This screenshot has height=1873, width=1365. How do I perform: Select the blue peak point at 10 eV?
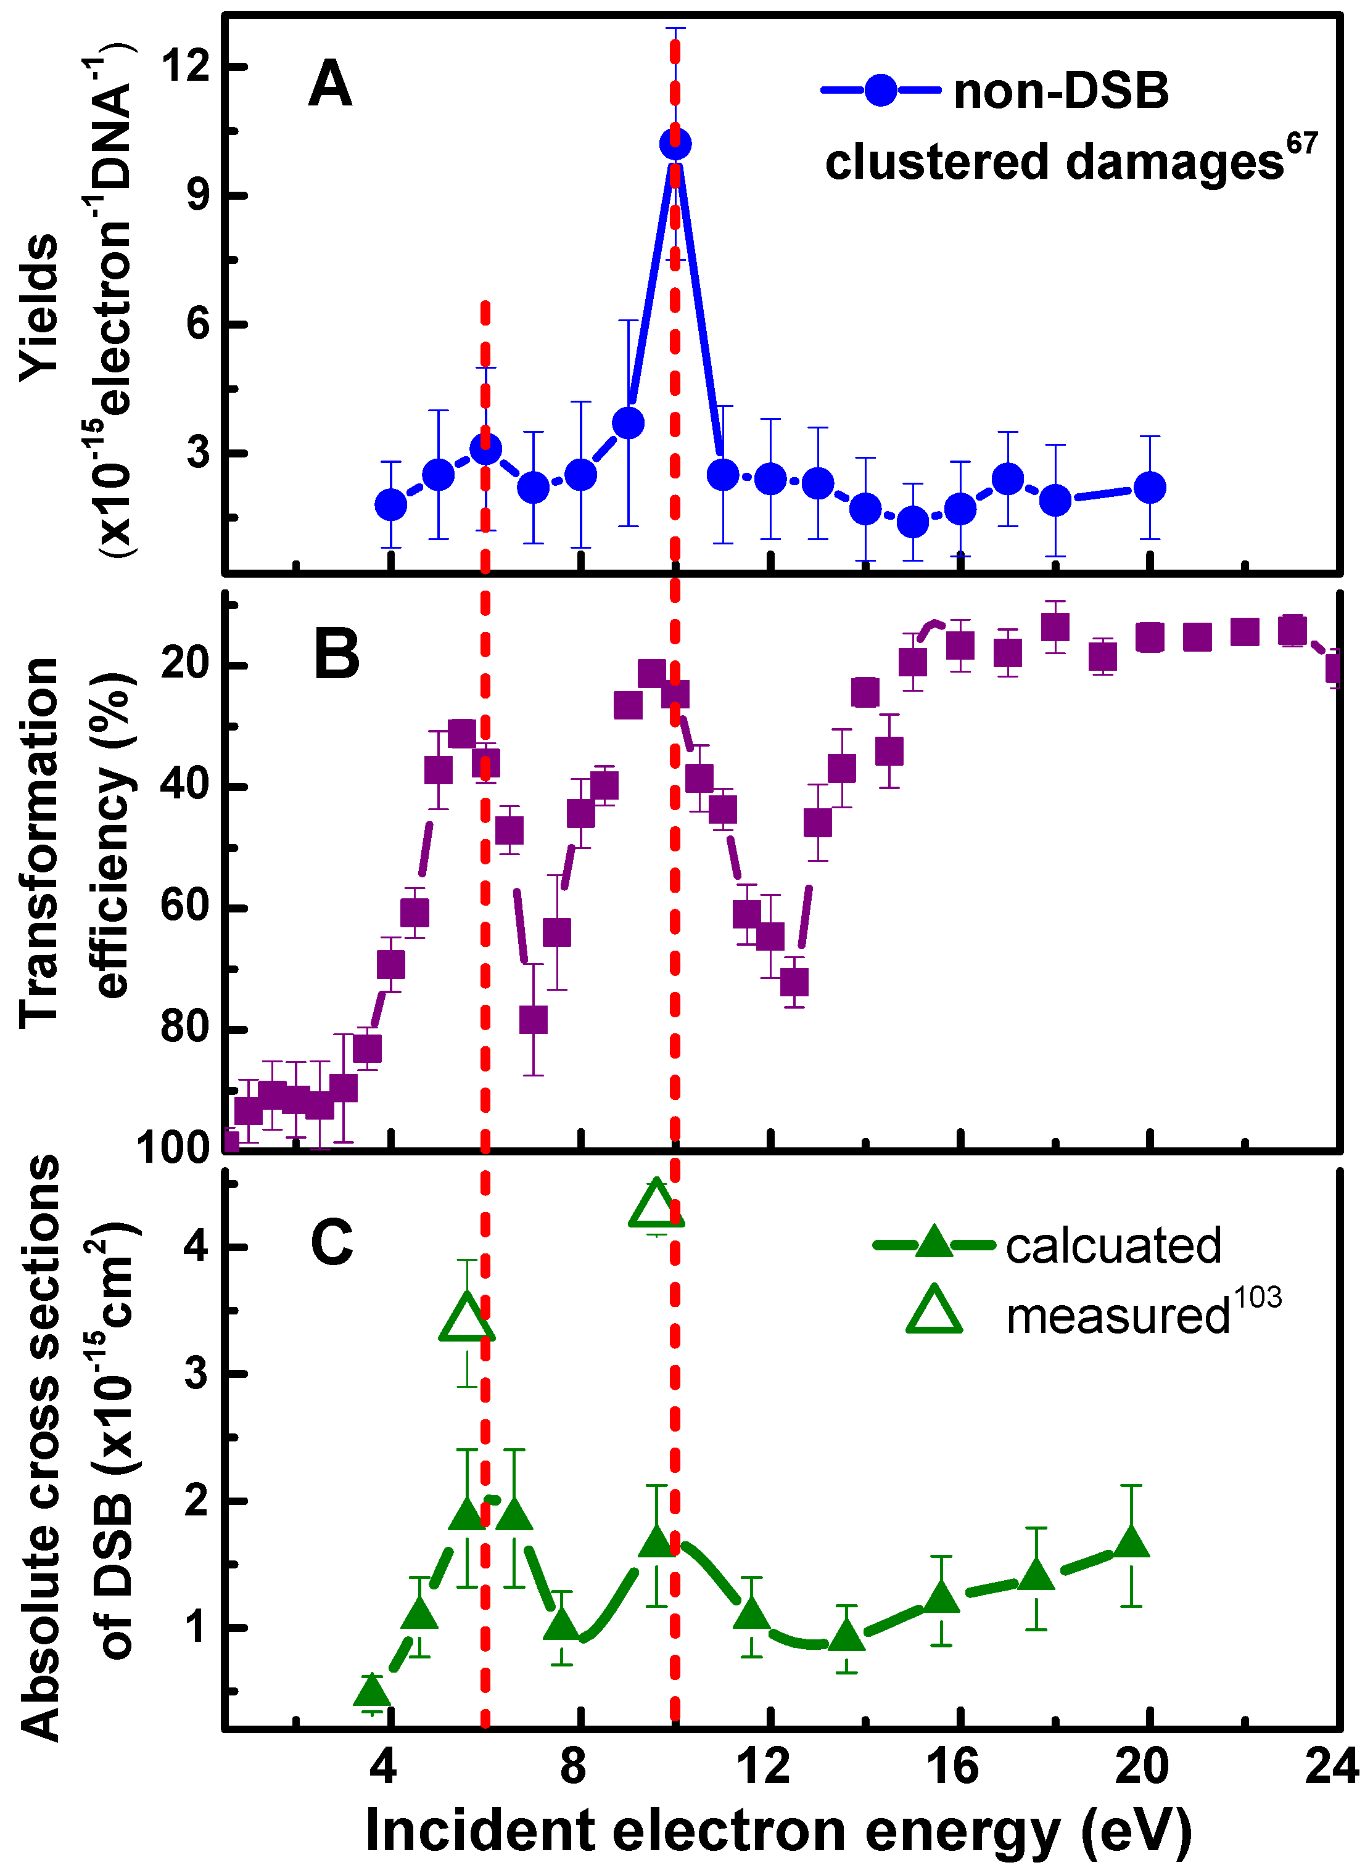click(675, 144)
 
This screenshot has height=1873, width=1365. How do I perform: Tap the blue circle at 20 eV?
click(1149, 487)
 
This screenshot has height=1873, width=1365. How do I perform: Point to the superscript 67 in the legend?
click(1301, 144)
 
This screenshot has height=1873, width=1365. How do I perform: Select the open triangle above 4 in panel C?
click(656, 1204)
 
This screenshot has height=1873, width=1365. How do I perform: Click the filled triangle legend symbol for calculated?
click(934, 1244)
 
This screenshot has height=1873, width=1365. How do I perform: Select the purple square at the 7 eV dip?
click(534, 1019)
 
